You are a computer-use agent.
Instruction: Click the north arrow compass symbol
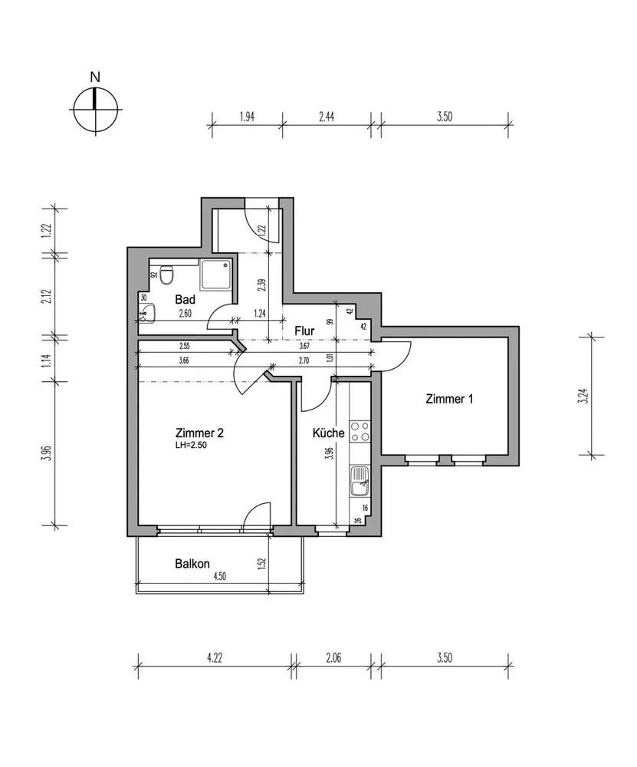click(x=95, y=109)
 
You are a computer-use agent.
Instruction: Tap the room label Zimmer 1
click(x=449, y=399)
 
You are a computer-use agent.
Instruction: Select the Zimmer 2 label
click(x=199, y=433)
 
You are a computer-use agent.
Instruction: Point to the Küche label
click(x=329, y=433)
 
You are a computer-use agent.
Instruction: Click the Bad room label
click(x=186, y=299)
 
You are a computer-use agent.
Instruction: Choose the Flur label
click(x=304, y=331)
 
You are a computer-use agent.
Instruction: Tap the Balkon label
click(x=192, y=564)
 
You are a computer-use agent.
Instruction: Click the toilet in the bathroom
click(x=166, y=275)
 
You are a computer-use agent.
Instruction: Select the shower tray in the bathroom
click(x=215, y=275)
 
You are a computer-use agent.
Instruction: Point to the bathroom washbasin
click(x=146, y=313)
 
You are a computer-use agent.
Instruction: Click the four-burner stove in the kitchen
click(x=360, y=431)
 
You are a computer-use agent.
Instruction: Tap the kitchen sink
click(x=360, y=482)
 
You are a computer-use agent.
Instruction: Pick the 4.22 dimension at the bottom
click(x=215, y=658)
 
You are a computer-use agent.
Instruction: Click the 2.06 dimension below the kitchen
click(x=333, y=658)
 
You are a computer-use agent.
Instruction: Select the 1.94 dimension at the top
click(x=247, y=117)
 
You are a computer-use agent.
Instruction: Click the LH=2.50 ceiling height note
click(x=191, y=446)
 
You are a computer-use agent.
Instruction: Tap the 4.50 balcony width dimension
click(x=219, y=576)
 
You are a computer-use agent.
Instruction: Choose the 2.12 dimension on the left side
click(x=47, y=296)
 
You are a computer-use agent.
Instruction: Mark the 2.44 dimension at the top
click(x=326, y=117)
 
